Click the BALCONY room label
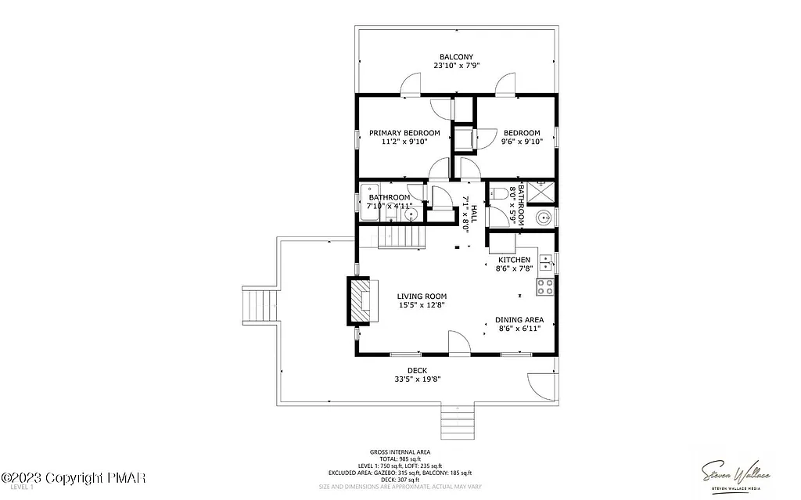[x=456, y=56]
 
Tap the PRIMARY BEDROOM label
[x=404, y=133]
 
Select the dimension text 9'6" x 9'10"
[x=522, y=142]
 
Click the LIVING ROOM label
[x=422, y=297]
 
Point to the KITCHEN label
[x=514, y=260]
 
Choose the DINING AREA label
[x=519, y=319]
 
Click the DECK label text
[x=417, y=370]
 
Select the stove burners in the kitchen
[x=545, y=286]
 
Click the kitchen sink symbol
[x=547, y=262]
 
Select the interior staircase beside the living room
[x=400, y=236]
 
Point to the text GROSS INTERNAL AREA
[x=400, y=452]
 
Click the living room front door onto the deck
[x=459, y=343]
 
